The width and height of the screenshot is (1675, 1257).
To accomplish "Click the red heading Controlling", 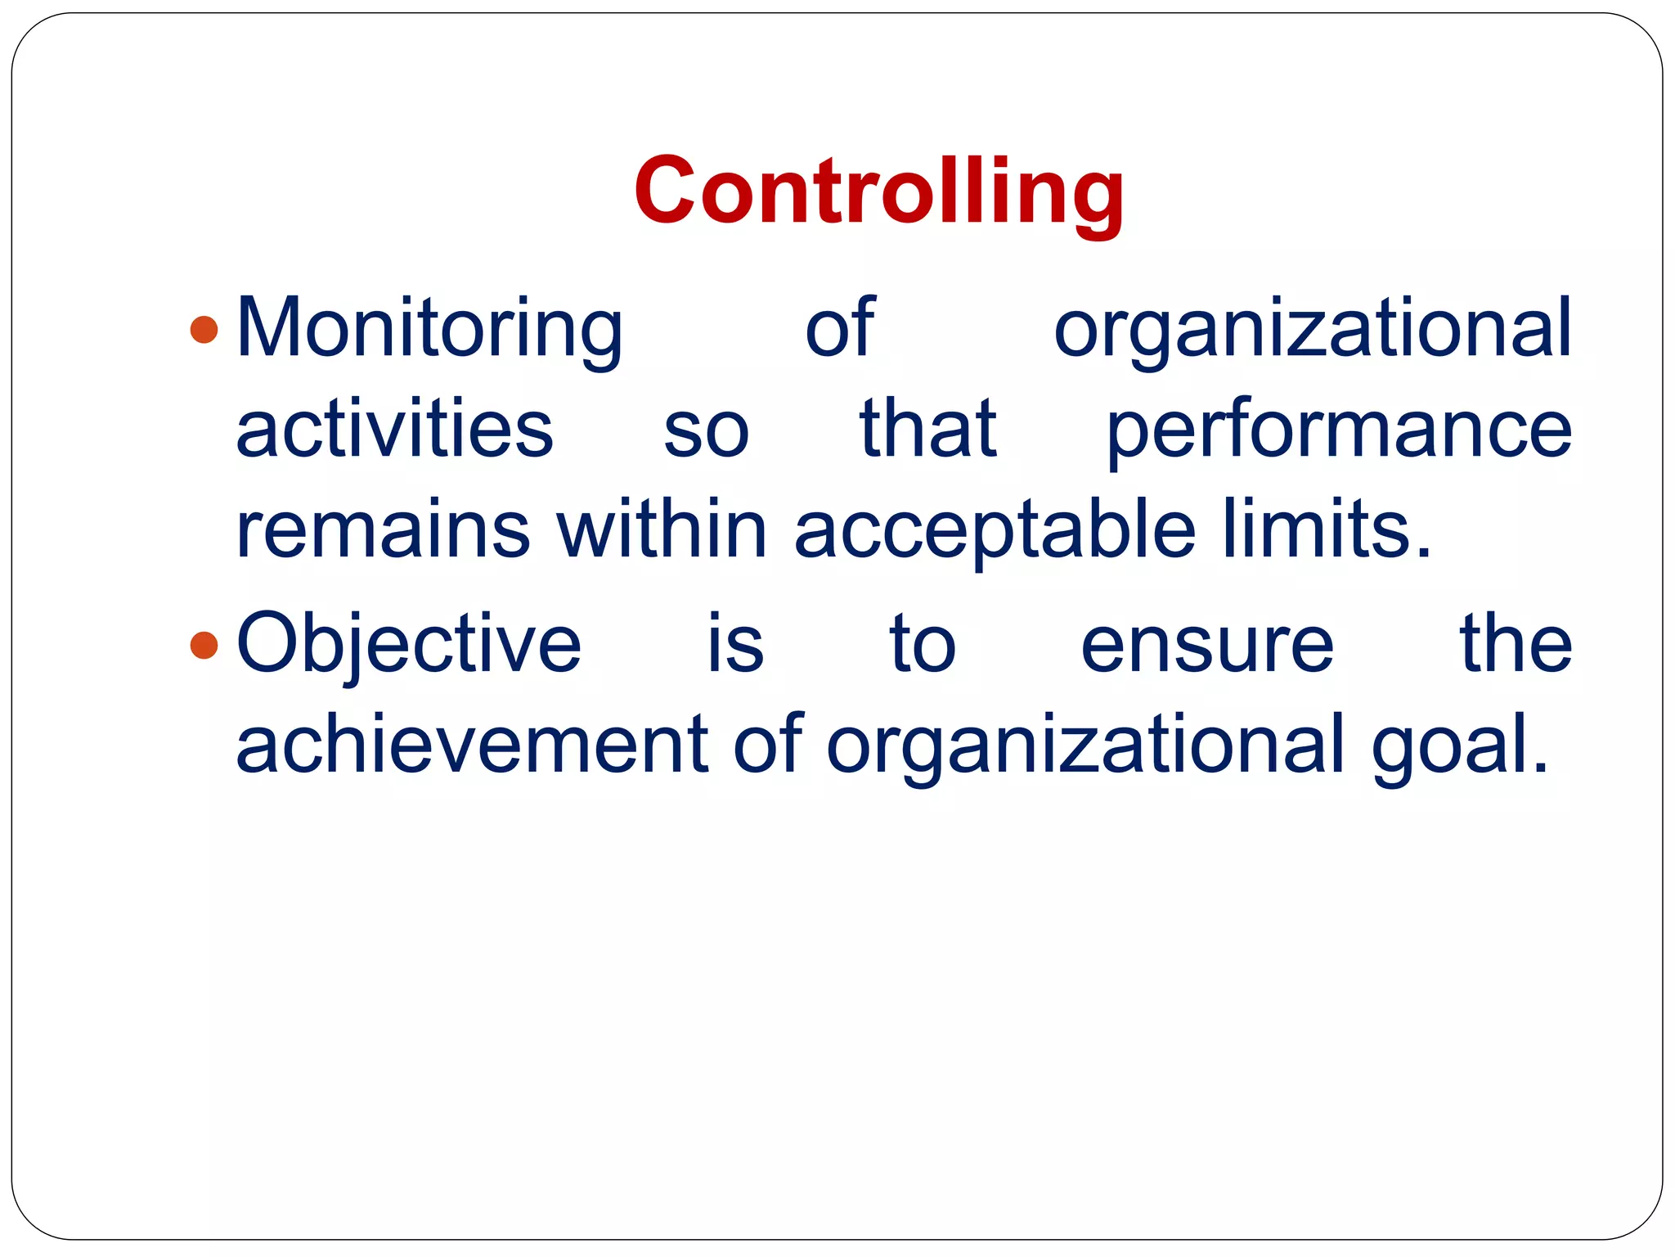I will tap(878, 193).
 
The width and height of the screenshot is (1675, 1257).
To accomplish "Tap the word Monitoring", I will tap(430, 329).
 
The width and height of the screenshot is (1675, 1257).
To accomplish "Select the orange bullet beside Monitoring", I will tap(204, 329).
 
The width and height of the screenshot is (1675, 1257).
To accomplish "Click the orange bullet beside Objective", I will tap(204, 645).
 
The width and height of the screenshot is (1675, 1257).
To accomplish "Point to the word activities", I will tap(394, 429).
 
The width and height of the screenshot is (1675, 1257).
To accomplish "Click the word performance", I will tap(1338, 430).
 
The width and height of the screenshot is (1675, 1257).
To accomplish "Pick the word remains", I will tap(383, 530).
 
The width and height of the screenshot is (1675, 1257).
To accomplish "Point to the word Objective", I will tap(409, 647).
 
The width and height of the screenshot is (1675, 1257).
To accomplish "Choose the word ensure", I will tap(1207, 647).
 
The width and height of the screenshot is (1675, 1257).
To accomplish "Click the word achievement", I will tap(472, 745).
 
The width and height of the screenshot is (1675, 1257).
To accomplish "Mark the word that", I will tap(927, 429).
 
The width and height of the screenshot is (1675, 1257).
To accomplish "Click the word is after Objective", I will tap(735, 645).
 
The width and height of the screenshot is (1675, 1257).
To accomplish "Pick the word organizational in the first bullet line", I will tap(1312, 331).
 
